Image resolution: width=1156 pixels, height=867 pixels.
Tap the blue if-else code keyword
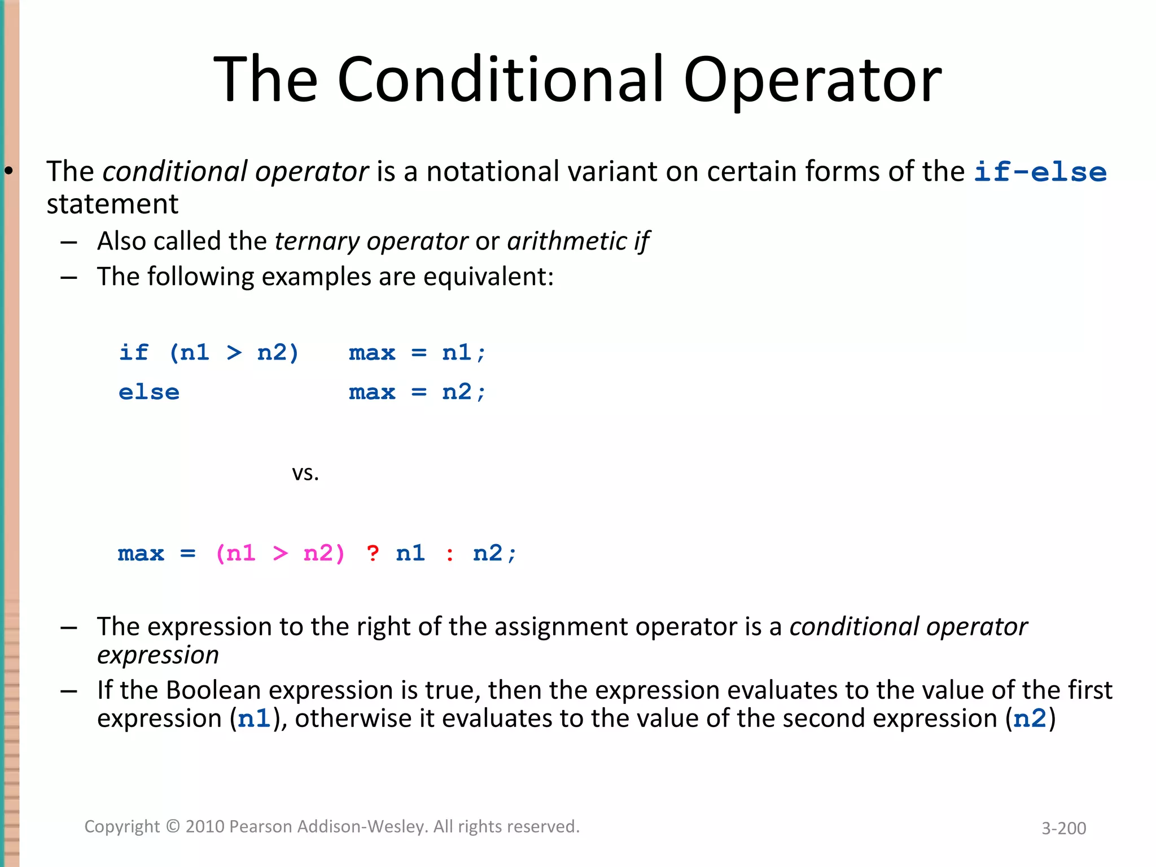(1040, 172)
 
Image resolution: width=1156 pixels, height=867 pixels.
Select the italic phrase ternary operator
(371, 242)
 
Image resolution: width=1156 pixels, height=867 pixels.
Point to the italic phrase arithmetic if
(578, 242)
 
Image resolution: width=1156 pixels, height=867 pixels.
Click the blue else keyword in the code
(149, 392)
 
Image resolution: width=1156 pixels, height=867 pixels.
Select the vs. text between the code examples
(305, 473)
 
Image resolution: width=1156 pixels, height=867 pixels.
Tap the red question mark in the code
(373, 553)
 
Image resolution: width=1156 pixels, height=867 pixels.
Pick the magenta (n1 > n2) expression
(280, 553)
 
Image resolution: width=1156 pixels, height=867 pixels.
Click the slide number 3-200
(1063, 828)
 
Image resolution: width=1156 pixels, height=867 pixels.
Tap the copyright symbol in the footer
(173, 827)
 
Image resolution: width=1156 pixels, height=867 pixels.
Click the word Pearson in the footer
(261, 827)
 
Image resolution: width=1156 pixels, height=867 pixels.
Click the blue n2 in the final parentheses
(1030, 719)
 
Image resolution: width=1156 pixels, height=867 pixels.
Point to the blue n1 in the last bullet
(254, 719)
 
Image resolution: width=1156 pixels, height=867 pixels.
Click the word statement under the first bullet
(112, 204)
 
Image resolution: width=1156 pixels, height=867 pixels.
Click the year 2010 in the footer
(205, 827)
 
